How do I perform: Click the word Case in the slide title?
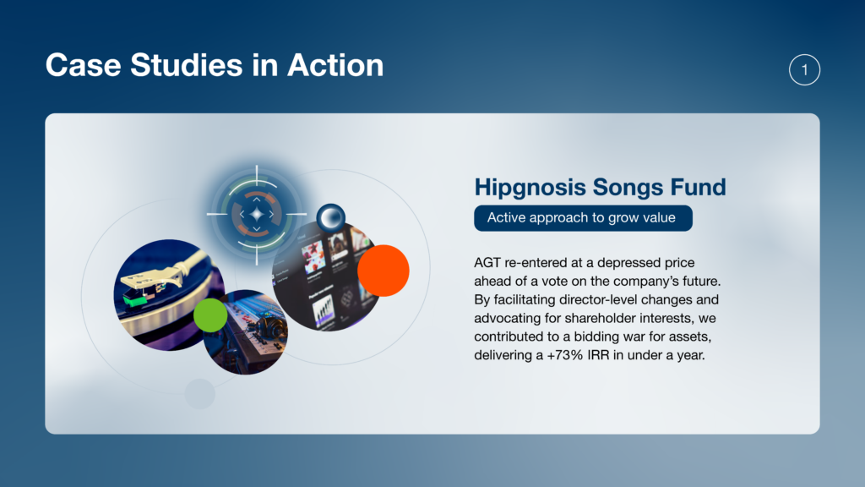[84, 65]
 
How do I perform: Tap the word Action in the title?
[335, 65]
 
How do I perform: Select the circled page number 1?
[804, 69]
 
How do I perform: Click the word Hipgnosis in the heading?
[530, 187]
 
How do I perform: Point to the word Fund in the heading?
[698, 187]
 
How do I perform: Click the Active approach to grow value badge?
[583, 218]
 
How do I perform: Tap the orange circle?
[384, 271]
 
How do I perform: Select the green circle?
[210, 315]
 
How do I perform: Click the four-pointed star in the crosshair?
[257, 214]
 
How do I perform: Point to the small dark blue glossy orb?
[331, 217]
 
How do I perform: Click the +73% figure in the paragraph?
[565, 355]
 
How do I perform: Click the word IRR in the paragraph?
[599, 355]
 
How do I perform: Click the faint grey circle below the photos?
[199, 394]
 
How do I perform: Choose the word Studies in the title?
[187, 65]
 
